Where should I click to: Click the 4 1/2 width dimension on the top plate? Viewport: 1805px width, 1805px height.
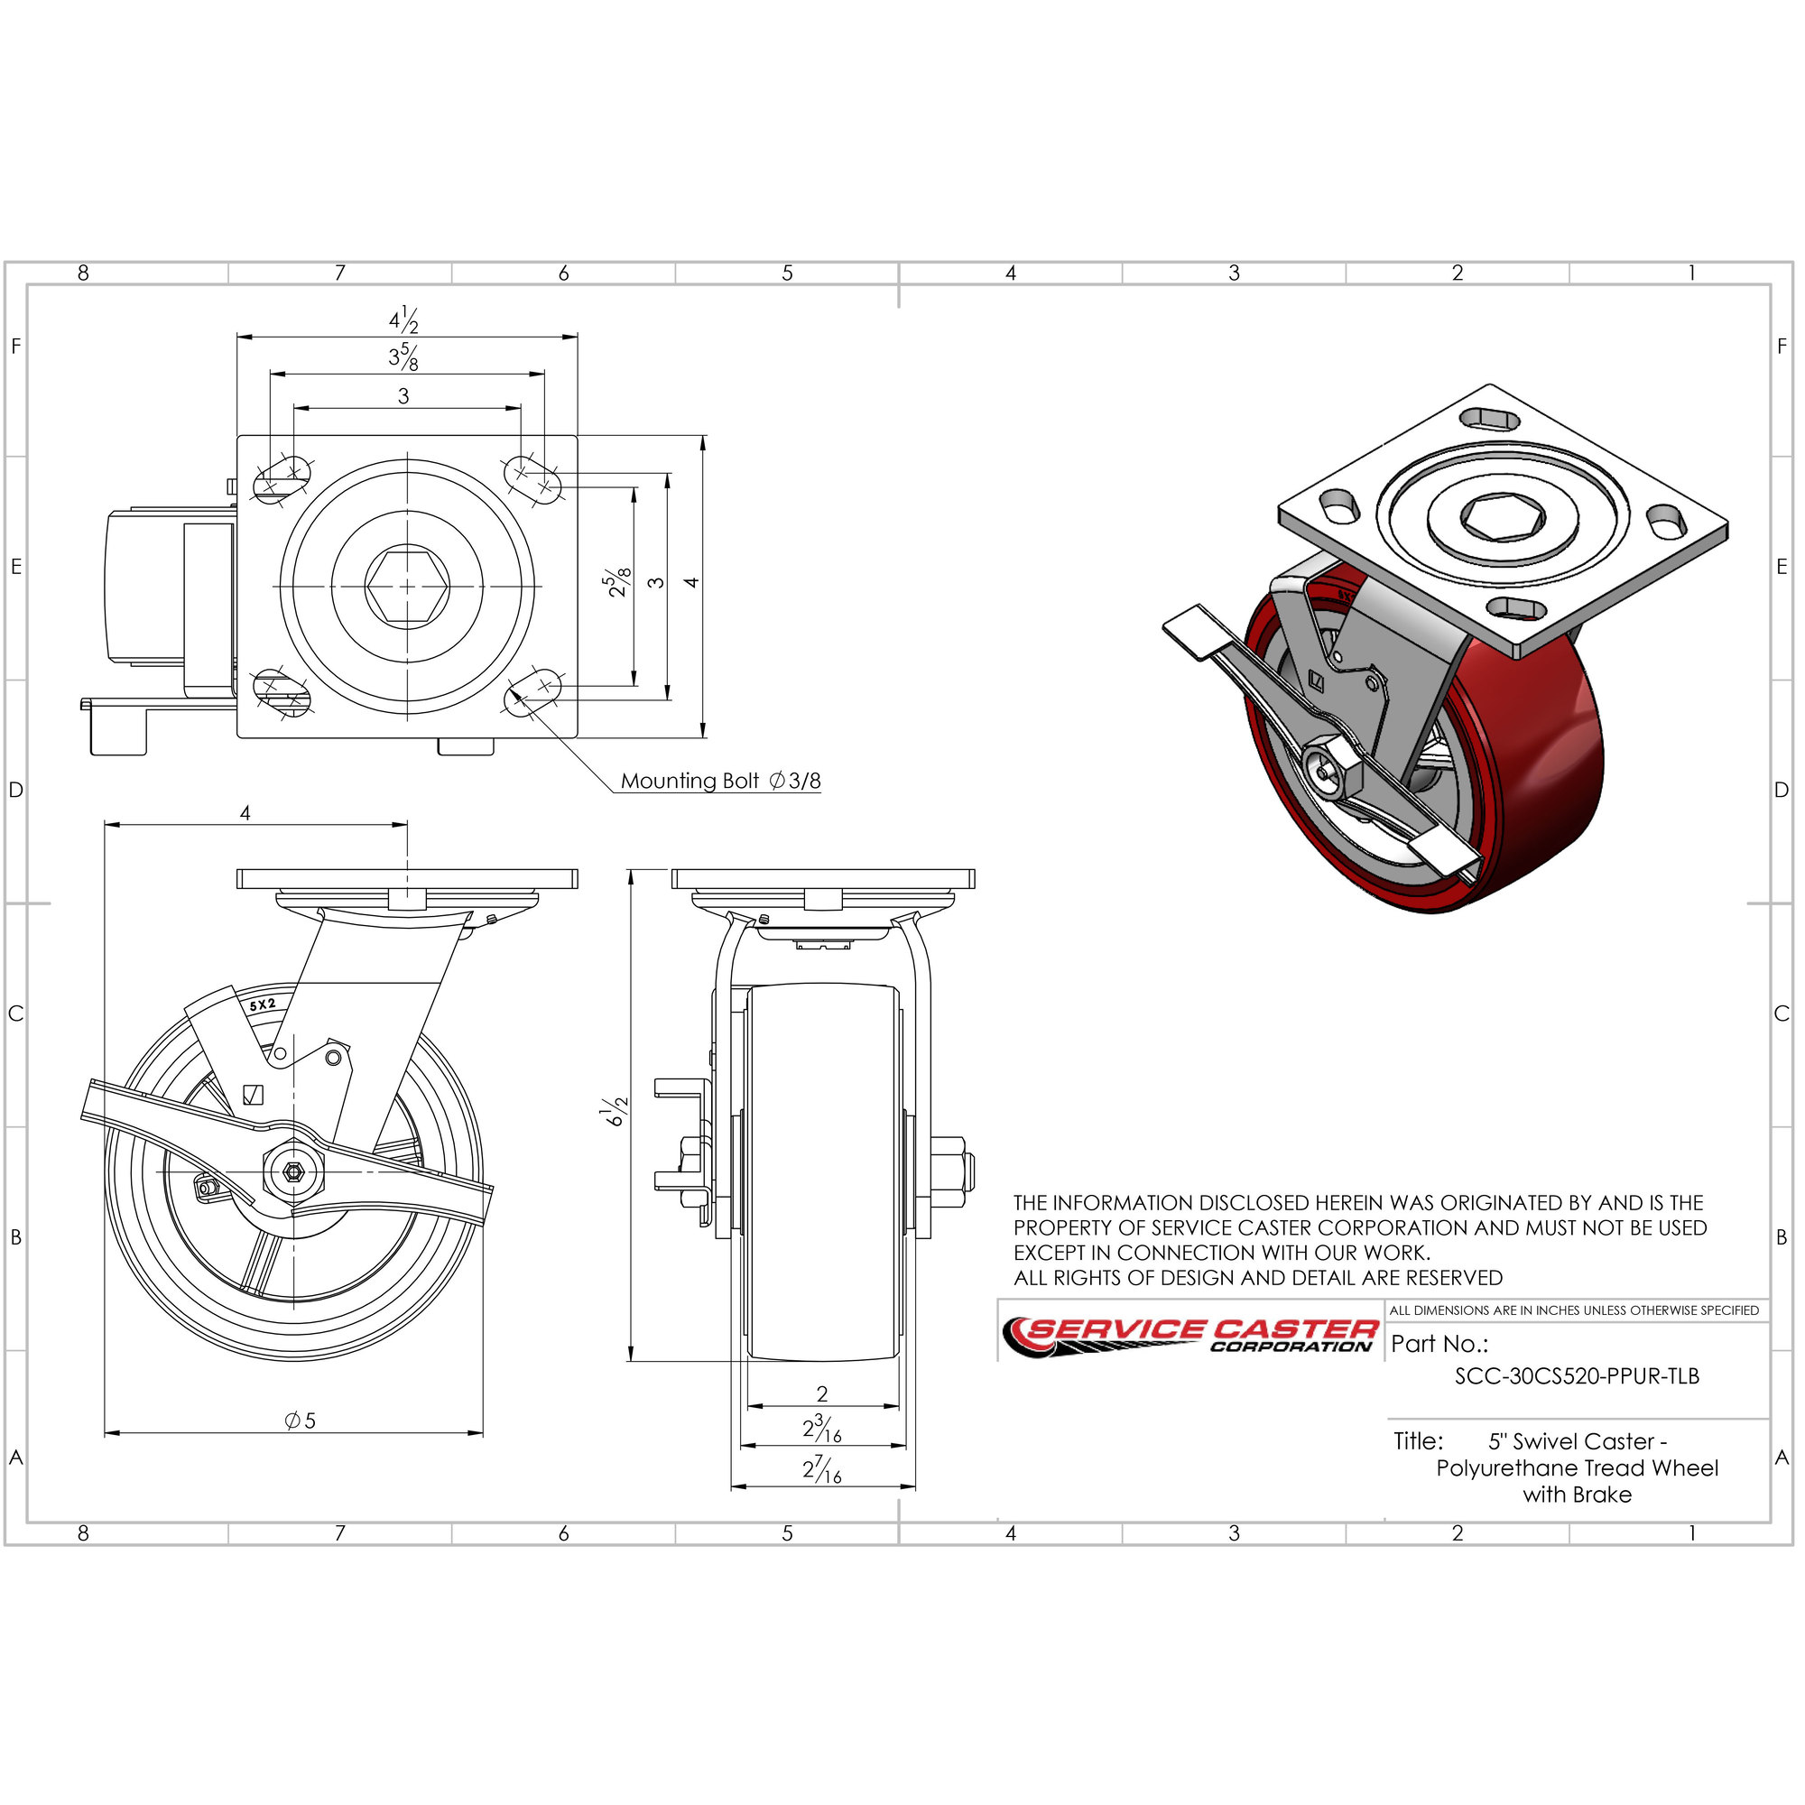click(x=403, y=319)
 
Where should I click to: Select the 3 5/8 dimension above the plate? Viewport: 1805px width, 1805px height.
click(x=403, y=356)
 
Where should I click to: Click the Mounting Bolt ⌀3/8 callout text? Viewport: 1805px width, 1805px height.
click(x=720, y=780)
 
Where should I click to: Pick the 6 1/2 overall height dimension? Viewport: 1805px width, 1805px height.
click(x=616, y=1112)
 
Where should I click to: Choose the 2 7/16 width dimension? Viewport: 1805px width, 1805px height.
click(x=822, y=1469)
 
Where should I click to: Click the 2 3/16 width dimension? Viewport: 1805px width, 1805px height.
click(x=822, y=1429)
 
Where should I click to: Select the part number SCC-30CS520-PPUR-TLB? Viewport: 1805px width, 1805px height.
click(x=1577, y=1375)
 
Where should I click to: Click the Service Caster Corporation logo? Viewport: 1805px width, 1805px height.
click(x=1190, y=1336)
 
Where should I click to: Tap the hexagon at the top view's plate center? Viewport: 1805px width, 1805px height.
click(x=407, y=586)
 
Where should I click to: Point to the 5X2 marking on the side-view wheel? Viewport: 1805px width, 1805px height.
click(x=263, y=1005)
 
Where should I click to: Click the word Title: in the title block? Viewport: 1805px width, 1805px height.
click(x=1418, y=1440)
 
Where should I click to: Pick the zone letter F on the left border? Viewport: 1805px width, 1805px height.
click(x=16, y=346)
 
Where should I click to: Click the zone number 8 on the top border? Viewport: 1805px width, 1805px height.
click(x=83, y=273)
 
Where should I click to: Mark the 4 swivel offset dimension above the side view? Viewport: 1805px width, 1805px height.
click(x=245, y=813)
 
